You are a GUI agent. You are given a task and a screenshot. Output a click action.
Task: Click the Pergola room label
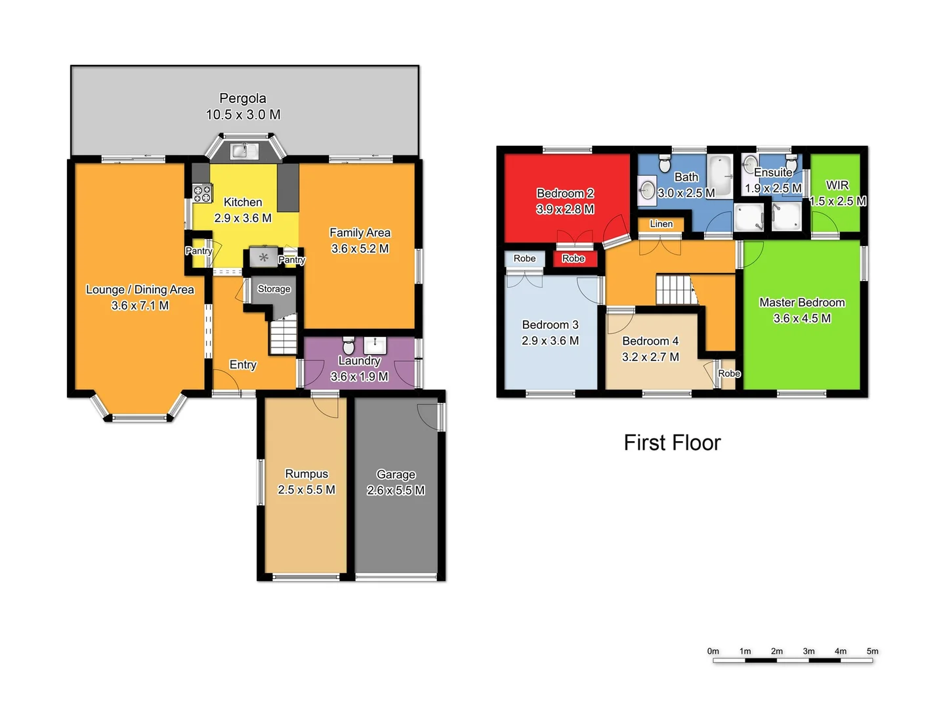243,98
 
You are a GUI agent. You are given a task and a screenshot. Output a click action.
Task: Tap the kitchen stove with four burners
202,193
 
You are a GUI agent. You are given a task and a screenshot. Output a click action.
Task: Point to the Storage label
274,289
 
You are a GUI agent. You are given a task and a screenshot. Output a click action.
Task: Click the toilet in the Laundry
349,345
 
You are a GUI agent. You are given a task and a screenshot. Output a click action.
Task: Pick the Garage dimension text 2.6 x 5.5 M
396,490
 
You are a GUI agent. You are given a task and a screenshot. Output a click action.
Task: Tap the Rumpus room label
306,474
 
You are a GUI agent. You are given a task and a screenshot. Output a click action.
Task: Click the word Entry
243,365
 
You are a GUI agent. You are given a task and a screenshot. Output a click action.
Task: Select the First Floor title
672,443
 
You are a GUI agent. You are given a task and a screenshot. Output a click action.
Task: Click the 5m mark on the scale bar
872,652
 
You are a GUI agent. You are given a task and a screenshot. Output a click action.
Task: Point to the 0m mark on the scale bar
713,652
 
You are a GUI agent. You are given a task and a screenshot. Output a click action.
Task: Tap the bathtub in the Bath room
720,175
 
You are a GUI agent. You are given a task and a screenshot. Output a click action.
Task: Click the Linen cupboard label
661,224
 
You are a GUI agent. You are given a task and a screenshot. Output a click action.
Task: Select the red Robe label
573,259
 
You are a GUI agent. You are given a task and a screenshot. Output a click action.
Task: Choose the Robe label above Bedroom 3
524,259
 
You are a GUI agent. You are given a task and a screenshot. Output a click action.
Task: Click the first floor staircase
674,290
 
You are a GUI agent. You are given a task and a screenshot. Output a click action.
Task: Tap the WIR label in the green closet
837,185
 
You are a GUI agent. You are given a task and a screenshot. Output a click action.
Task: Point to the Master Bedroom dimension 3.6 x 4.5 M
802,319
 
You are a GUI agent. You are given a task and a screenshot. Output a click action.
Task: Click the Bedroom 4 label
650,341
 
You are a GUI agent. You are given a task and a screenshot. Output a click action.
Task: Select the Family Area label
360,233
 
